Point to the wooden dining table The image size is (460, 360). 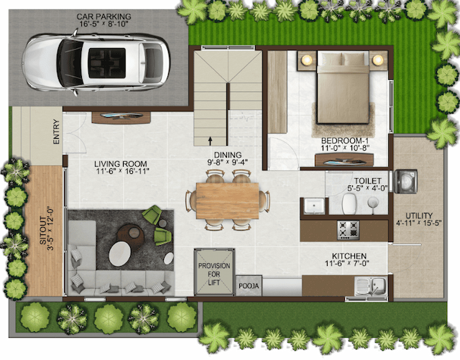point(227,200)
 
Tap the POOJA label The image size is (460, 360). point(248,285)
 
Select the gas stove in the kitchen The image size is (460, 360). point(349,230)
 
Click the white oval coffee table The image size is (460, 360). point(119,254)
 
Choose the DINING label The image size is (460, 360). point(227,154)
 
